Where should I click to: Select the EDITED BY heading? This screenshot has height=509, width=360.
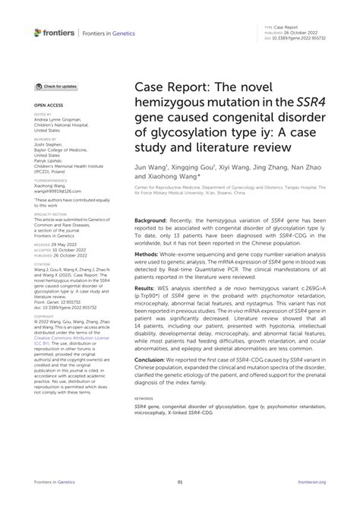[x=43, y=112]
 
